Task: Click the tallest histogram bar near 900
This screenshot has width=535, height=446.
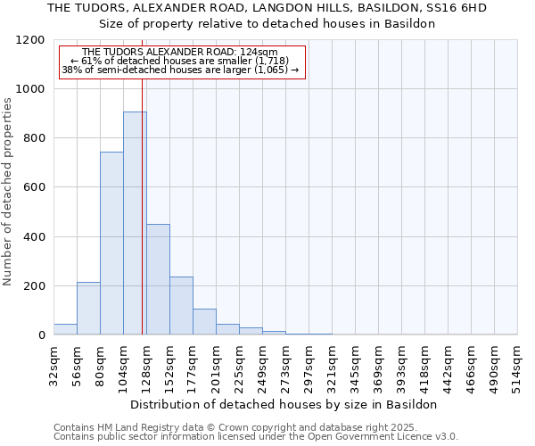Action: pyautogui.click(x=135, y=223)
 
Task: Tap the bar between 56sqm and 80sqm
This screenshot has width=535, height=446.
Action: pyautogui.click(x=88, y=309)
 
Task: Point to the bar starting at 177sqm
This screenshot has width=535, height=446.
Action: pyautogui.click(x=204, y=322)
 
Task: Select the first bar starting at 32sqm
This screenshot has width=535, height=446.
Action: pyautogui.click(x=65, y=329)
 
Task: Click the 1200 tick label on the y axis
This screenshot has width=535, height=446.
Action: pyautogui.click(x=30, y=40)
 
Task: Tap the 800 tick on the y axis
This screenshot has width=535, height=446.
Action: pyautogui.click(x=34, y=138)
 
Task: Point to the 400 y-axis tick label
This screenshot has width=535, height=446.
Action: pyautogui.click(x=34, y=237)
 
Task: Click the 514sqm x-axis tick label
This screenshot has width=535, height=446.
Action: pyautogui.click(x=518, y=367)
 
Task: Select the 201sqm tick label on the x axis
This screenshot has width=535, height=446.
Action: pyautogui.click(x=217, y=367)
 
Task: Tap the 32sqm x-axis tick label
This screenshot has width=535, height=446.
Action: pyautogui.click(x=54, y=367)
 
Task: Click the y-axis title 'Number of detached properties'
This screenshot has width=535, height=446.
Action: pyautogui.click(x=9, y=192)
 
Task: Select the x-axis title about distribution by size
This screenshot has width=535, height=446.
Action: pyautogui.click(x=285, y=404)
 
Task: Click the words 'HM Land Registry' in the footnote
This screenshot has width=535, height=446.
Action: pyautogui.click(x=139, y=427)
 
